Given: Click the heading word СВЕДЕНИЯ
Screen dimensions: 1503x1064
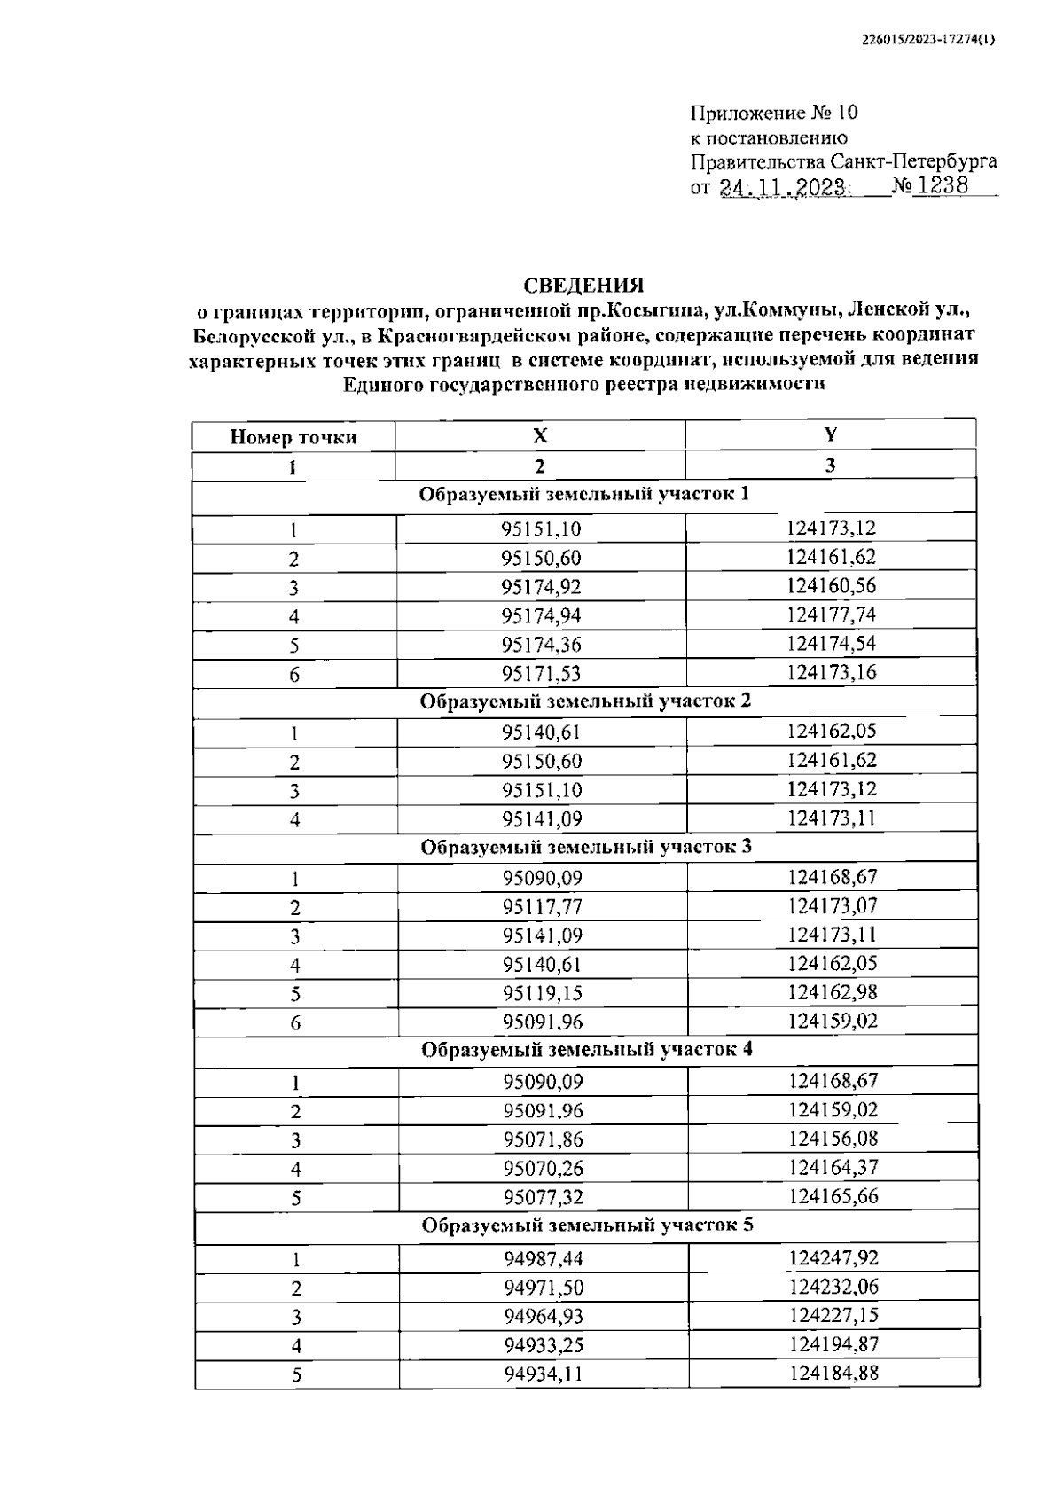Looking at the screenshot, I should click(583, 286).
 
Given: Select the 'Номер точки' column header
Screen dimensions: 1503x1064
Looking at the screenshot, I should click(293, 436).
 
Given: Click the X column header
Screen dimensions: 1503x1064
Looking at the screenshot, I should click(540, 435).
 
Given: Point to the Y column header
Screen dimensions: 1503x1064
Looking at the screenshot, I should click(830, 434).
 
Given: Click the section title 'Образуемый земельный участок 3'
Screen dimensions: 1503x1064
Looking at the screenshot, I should click(586, 847).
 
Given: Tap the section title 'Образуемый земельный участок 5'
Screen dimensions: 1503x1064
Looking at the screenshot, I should click(588, 1225).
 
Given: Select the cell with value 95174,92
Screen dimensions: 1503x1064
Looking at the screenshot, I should click(541, 587).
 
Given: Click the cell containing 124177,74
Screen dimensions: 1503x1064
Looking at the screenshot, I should click(831, 615).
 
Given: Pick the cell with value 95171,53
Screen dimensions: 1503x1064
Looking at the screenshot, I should click(541, 674).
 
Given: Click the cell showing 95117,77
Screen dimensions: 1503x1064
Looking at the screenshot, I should click(543, 907).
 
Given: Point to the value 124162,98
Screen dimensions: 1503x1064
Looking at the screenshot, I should click(833, 992).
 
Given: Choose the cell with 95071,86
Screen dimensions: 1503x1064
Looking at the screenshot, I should click(544, 1139).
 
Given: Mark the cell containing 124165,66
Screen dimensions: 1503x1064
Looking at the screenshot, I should click(833, 1196).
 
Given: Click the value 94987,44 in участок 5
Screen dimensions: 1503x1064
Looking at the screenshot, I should click(544, 1259).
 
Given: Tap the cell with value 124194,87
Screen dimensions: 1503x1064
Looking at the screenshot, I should click(834, 1344).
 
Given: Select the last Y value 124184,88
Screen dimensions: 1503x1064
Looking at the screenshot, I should click(834, 1374).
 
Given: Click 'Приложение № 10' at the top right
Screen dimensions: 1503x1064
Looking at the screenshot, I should click(774, 113).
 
